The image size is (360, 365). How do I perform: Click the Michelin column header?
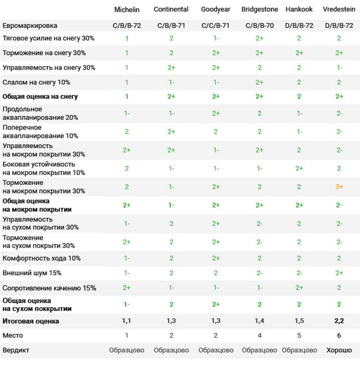(x=127, y=10)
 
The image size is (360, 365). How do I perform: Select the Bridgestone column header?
(x=260, y=9)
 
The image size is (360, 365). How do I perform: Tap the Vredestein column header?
(x=339, y=9)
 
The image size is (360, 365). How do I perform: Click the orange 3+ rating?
(x=339, y=187)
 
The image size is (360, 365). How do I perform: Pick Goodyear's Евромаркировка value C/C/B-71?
(x=216, y=25)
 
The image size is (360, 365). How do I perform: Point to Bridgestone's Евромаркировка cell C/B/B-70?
(x=260, y=25)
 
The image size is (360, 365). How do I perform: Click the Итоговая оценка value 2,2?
(x=339, y=321)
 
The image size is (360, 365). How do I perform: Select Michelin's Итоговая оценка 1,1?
(x=127, y=321)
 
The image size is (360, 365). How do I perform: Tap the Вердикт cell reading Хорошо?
(x=339, y=350)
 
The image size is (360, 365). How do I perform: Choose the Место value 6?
(x=339, y=335)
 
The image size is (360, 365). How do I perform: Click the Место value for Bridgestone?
(x=260, y=335)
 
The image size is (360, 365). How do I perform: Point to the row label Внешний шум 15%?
(x=32, y=273)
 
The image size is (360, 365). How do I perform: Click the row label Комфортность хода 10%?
(x=41, y=258)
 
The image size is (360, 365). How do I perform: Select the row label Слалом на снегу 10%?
(x=36, y=82)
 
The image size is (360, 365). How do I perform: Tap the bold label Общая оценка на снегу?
(x=40, y=96)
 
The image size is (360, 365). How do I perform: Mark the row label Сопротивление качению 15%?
(x=49, y=288)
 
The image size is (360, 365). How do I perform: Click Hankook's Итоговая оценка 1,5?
(x=299, y=321)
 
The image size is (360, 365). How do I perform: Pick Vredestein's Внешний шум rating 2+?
(x=339, y=273)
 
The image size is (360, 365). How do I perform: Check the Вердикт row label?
(x=16, y=350)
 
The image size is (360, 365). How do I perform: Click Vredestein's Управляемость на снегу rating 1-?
(x=339, y=68)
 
